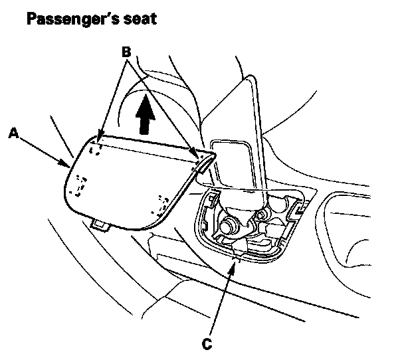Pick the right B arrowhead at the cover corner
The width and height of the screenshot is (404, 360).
197,157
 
